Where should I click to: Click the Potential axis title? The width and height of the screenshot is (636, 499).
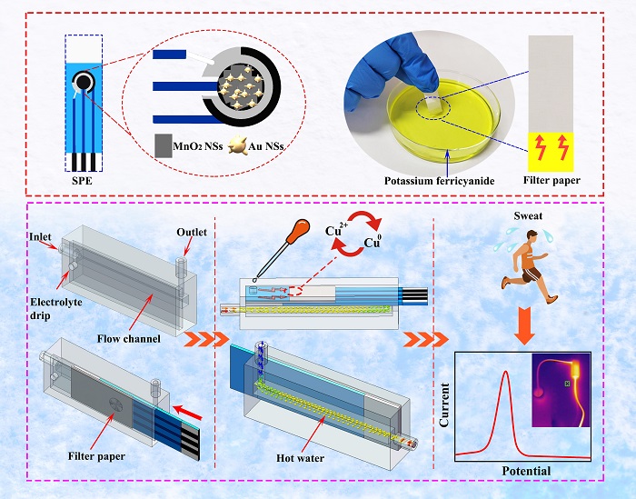[521, 470]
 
